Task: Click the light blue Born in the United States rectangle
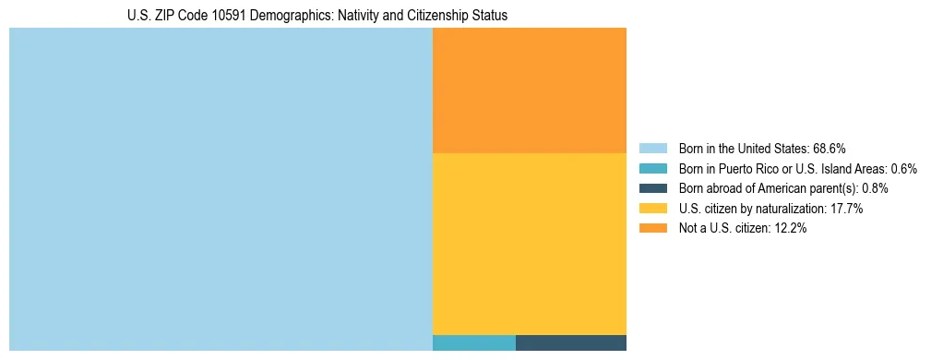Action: click(221, 189)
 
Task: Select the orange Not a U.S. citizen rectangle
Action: click(530, 90)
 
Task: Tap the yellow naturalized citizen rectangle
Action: click(530, 244)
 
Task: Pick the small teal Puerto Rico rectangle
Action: click(474, 343)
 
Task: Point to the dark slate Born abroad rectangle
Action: click(571, 343)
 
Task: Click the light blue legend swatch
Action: click(652, 149)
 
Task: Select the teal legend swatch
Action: click(652, 169)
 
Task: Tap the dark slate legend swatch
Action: click(652, 188)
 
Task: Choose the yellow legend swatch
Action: click(652, 209)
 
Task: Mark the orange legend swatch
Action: click(652, 229)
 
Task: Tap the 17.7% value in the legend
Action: click(846, 209)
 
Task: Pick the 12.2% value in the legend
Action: click(790, 229)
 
